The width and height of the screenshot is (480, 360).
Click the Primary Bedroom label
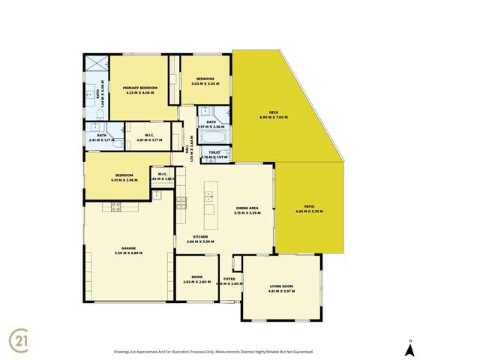(140, 88)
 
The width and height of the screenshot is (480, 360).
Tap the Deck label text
(273, 112)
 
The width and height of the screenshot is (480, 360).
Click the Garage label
(129, 248)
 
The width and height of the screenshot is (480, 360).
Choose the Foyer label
(229, 279)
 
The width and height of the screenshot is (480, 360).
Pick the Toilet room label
(214, 152)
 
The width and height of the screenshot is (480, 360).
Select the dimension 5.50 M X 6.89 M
(129, 253)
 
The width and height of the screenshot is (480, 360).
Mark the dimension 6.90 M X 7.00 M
(273, 118)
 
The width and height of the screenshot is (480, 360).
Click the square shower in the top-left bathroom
(95, 64)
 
